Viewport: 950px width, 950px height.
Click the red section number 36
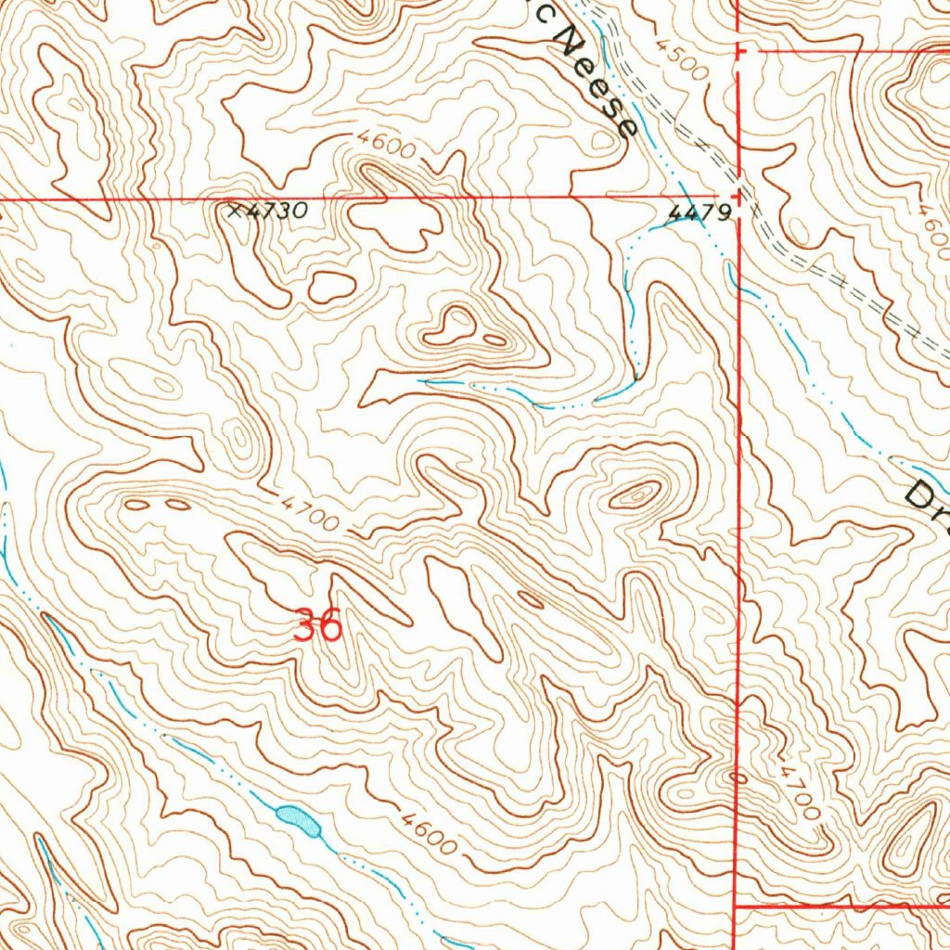[x=317, y=624]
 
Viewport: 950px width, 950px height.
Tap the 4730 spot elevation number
[x=276, y=212]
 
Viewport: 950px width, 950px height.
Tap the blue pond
[x=298, y=818]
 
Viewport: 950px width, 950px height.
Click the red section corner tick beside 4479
[x=738, y=196]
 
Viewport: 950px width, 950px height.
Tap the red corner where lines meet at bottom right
[x=736, y=905]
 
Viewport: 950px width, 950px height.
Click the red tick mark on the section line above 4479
[x=738, y=51]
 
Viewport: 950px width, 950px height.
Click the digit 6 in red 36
[x=329, y=624]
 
